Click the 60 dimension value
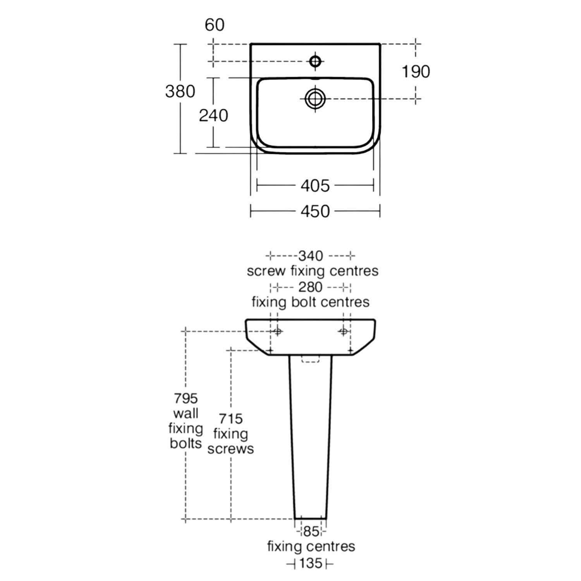pyautogui.click(x=215, y=25)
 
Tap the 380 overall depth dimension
pyautogui.click(x=180, y=92)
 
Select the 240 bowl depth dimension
pyautogui.click(x=213, y=115)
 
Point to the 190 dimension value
pyautogui.click(x=416, y=72)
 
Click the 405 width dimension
pyautogui.click(x=315, y=186)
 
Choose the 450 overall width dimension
pyautogui.click(x=315, y=211)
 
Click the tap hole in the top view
pyautogui.click(x=315, y=61)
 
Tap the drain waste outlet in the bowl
pyautogui.click(x=315, y=99)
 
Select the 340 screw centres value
pyautogui.click(x=310, y=256)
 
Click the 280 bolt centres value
pyautogui.click(x=310, y=287)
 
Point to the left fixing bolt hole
pyautogui.click(x=277, y=331)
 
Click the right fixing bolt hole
pyautogui.click(x=343, y=331)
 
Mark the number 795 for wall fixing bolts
pyautogui.click(x=186, y=398)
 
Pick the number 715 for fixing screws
pyautogui.click(x=231, y=419)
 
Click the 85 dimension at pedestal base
pyautogui.click(x=311, y=532)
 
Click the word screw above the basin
pyautogui.click(x=266, y=271)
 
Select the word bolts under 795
pyautogui.click(x=186, y=443)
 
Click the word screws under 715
pyautogui.click(x=231, y=449)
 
